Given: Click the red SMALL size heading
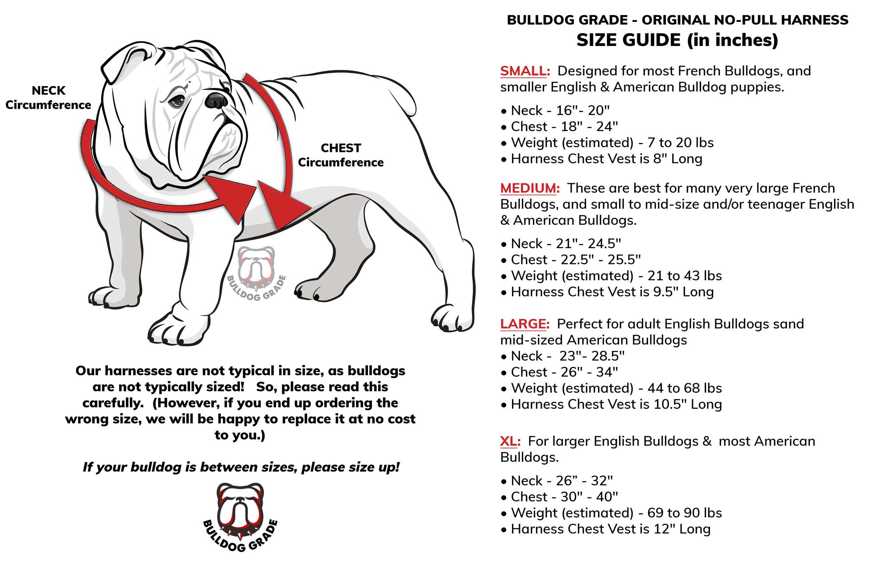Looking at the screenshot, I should point(524,71).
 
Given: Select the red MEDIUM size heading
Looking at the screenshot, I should point(529,188).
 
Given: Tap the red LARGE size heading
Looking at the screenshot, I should point(524,324).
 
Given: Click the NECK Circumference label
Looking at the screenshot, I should point(48,98).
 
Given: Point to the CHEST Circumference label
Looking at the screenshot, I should point(341,155).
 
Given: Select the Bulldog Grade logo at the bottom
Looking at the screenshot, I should point(240,517).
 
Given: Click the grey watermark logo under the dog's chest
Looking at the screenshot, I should point(256,272).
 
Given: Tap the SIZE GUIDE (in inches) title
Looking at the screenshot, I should point(677,40).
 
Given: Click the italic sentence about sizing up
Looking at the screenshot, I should point(241,467).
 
